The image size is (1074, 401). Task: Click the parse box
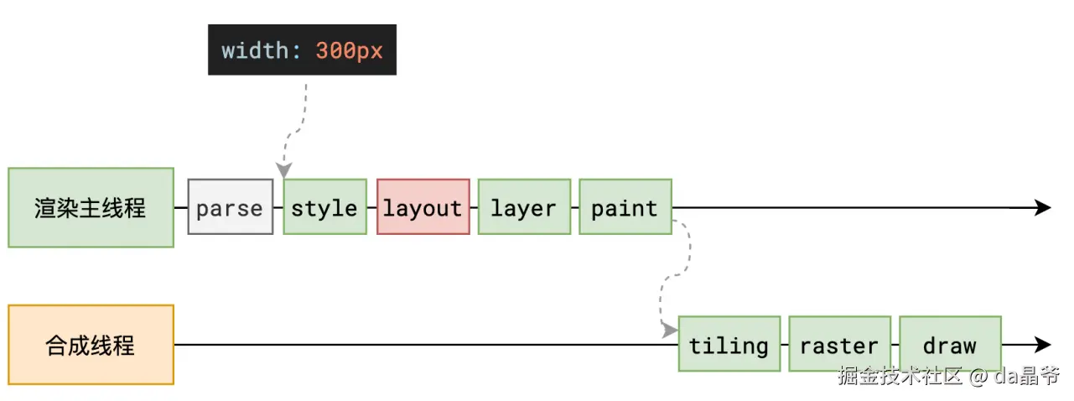(x=230, y=206)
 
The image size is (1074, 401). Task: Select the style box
(x=324, y=206)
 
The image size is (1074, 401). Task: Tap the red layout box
(x=423, y=206)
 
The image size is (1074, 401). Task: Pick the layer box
(x=524, y=206)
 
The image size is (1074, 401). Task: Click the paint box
(x=625, y=206)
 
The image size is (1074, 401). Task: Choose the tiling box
(x=729, y=344)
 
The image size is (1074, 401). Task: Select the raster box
(x=839, y=344)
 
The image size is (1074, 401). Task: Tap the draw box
(x=950, y=344)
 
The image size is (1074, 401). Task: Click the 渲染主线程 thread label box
(x=91, y=208)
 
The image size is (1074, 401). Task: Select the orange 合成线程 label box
(x=91, y=345)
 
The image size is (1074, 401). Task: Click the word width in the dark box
(x=255, y=50)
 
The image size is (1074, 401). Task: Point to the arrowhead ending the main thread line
(x=1043, y=208)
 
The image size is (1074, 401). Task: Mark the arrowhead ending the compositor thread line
(x=1043, y=345)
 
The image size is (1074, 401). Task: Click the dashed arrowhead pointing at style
(x=284, y=169)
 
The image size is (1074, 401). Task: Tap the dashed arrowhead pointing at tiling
(x=670, y=331)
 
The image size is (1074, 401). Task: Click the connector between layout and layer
(x=474, y=208)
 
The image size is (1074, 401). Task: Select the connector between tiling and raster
(x=785, y=345)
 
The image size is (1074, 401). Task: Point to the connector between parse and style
(x=278, y=208)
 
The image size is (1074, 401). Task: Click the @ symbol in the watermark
(x=978, y=377)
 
